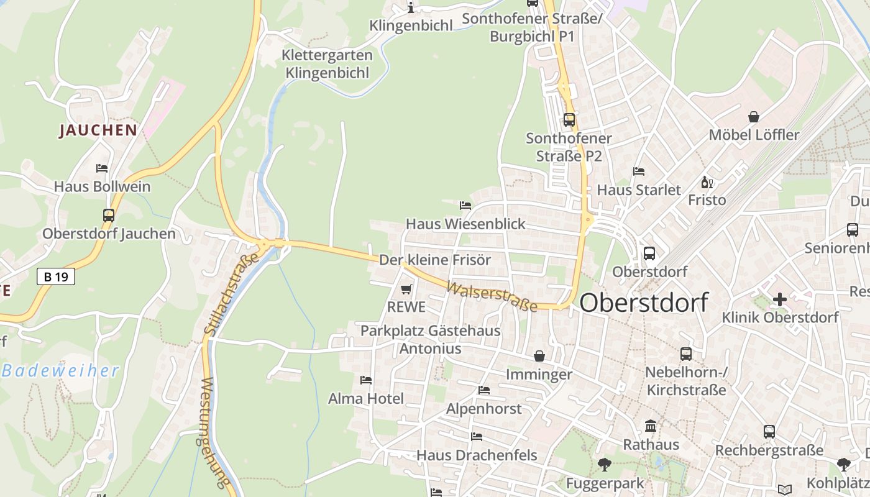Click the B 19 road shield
pyautogui.click(x=56, y=276)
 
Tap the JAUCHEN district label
pyautogui.click(x=98, y=130)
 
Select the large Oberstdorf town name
pyautogui.click(x=643, y=303)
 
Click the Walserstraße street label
pyautogui.click(x=492, y=297)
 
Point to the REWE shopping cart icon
pyautogui.click(x=406, y=289)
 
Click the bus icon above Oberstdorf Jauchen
pyautogui.click(x=109, y=216)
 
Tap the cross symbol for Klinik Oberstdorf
pyautogui.click(x=779, y=299)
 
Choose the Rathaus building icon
pyautogui.click(x=651, y=426)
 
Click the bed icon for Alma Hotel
pyautogui.click(x=366, y=380)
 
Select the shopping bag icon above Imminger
pyautogui.click(x=539, y=356)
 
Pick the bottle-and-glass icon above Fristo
pyautogui.click(x=707, y=182)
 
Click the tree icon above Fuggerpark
pyautogui.click(x=604, y=464)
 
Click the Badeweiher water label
pyautogui.click(x=60, y=371)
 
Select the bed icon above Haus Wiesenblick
pyautogui.click(x=465, y=205)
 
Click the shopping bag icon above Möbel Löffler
pyautogui.click(x=754, y=117)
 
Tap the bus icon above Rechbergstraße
pyautogui.click(x=769, y=432)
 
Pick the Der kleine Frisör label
pyautogui.click(x=435, y=260)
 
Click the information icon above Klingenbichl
pyautogui.click(x=411, y=7)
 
